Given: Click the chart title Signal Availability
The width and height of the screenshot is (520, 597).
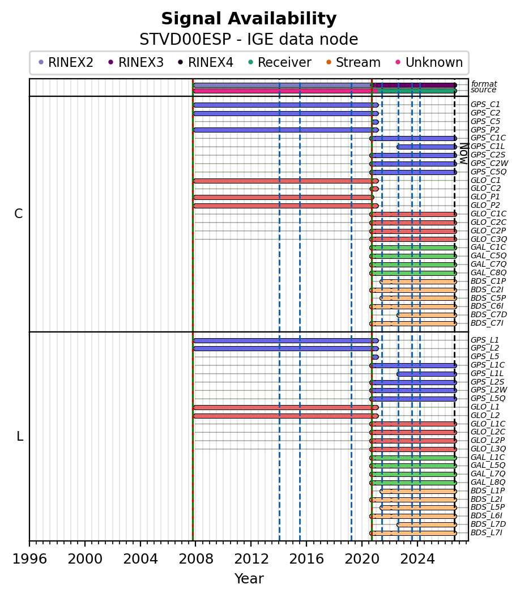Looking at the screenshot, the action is pyautogui.click(x=249, y=19).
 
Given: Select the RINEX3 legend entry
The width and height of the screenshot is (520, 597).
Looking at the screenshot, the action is pyautogui.click(x=136, y=62).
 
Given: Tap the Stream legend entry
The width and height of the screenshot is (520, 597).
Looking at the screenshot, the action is pyautogui.click(x=353, y=62).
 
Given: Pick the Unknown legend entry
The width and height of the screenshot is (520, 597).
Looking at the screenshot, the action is pyautogui.click(x=429, y=62).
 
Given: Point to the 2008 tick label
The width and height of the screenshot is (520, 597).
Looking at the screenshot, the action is pyautogui.click(x=195, y=559).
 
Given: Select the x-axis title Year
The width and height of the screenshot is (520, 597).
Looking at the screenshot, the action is pyautogui.click(x=249, y=579).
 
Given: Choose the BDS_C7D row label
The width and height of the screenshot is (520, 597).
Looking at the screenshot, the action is pyautogui.click(x=489, y=314).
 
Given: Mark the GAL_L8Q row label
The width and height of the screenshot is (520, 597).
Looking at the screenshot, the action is pyautogui.click(x=488, y=483).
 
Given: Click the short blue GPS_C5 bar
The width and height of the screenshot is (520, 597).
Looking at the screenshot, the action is pyautogui.click(x=376, y=122).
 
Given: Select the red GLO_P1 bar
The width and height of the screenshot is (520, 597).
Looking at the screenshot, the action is pyautogui.click(x=284, y=197).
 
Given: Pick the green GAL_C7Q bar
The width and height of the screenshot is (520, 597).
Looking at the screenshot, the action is pyautogui.click(x=413, y=265).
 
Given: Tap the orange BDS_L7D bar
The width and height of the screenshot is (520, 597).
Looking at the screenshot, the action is pyautogui.click(x=427, y=524).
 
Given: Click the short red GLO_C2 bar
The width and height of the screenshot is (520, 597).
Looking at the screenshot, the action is pyautogui.click(x=374, y=189).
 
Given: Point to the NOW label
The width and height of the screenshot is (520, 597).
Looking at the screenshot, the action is pyautogui.click(x=464, y=153).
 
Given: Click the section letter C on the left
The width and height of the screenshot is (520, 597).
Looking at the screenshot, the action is pyautogui.click(x=18, y=214).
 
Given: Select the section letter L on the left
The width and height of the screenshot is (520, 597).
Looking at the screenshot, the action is pyautogui.click(x=20, y=436).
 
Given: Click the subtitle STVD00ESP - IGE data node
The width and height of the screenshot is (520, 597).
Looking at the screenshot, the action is pyautogui.click(x=249, y=39).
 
